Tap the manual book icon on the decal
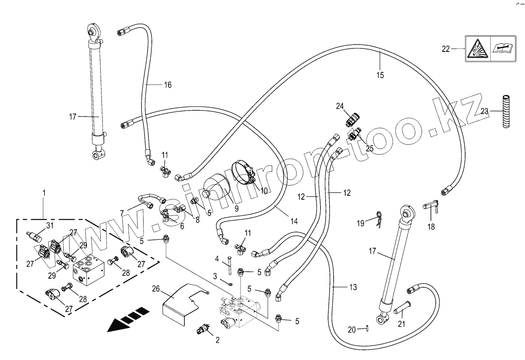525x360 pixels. [x=502, y=48]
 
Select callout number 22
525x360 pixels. [x=446, y=49]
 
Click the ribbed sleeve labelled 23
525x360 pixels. [x=505, y=111]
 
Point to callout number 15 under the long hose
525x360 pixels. [x=380, y=75]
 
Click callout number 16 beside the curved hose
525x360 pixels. [x=168, y=85]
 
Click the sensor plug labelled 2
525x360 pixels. [x=203, y=330]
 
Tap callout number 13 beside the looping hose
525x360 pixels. [x=353, y=288]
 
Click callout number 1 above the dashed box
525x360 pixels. [x=44, y=193]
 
